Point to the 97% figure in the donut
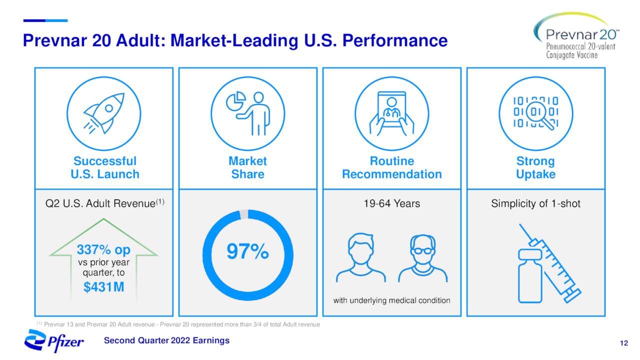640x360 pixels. pos(247,252)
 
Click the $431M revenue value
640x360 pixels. pos(103,287)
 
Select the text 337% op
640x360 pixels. pos(103,249)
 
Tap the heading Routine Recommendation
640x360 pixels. pos(391,167)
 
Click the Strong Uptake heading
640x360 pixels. pos(535,167)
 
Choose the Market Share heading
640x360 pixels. pos(247,167)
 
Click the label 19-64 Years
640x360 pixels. pos(391,203)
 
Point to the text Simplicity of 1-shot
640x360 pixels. pos(535,203)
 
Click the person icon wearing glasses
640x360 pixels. pos(422,259)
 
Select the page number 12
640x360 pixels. pos(623,343)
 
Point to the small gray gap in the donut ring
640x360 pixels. pos(244,214)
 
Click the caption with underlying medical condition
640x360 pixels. pos(391,300)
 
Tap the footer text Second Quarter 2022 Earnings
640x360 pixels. pos(166,340)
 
